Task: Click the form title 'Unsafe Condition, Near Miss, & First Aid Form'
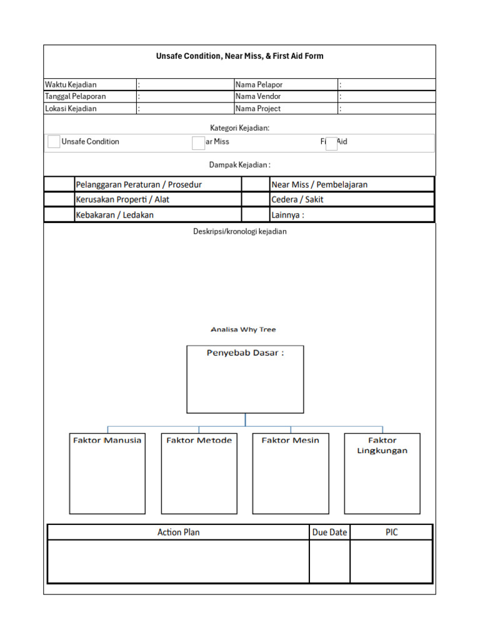tap(239, 56)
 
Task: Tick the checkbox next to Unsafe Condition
tap(54, 142)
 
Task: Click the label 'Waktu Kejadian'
tap(71, 84)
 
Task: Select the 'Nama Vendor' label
tap(258, 96)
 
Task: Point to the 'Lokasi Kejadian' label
tap(71, 108)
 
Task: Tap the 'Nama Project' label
tap(258, 108)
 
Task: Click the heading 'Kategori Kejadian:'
tap(239, 127)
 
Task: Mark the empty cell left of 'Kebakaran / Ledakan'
tap(59, 215)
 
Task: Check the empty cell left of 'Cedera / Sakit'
tap(255, 200)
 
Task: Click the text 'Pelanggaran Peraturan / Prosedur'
tap(139, 184)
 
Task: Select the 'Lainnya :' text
tap(287, 215)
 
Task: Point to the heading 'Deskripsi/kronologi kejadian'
tap(239, 231)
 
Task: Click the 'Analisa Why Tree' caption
tap(243, 329)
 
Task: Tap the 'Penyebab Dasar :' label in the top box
tap(245, 353)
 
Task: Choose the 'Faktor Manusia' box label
tap(107, 440)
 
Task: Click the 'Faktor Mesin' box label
tap(290, 440)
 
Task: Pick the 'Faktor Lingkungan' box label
tap(382, 445)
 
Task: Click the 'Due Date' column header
tap(329, 532)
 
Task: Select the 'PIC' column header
tap(391, 532)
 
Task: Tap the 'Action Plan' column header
tap(179, 532)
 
